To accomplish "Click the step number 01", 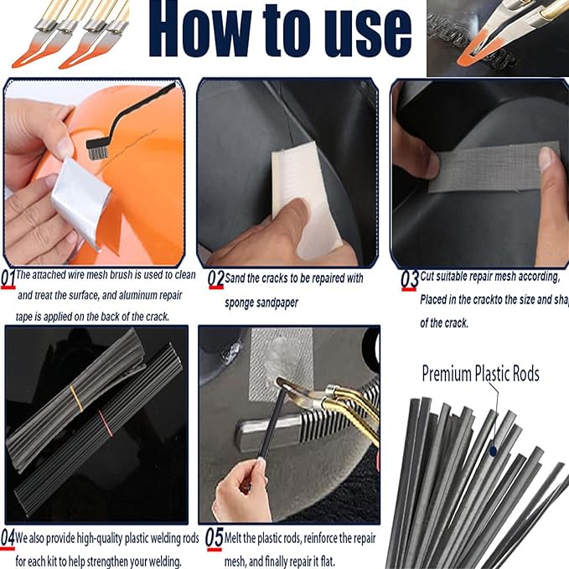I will pyautogui.click(x=8, y=277).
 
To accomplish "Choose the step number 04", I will pyautogui.click(x=8, y=536).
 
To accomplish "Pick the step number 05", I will pyautogui.click(x=215, y=536).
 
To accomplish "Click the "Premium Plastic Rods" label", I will pyautogui.click(x=480, y=374).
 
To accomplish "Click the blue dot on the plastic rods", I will pyautogui.click(x=494, y=450).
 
